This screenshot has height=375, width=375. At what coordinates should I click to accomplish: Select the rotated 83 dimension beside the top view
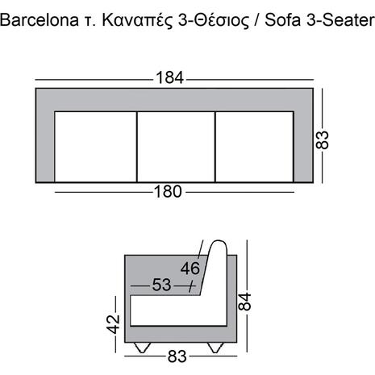coord(325,139)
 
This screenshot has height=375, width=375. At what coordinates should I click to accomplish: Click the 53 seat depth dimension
coord(162,285)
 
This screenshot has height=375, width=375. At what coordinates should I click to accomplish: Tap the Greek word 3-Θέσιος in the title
coord(217,22)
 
